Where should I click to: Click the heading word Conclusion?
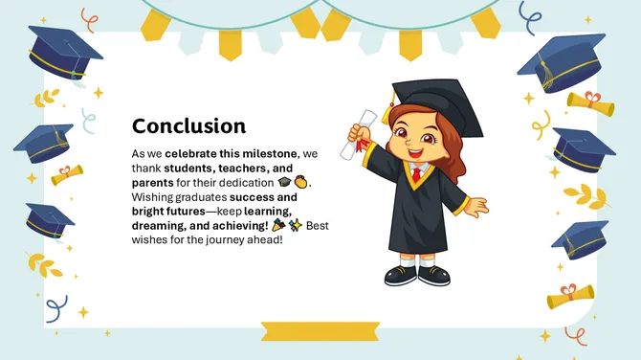pyautogui.click(x=188, y=126)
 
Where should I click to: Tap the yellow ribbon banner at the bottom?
pyautogui.click(x=320, y=331)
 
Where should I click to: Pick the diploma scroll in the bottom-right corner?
pyautogui.click(x=571, y=299)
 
